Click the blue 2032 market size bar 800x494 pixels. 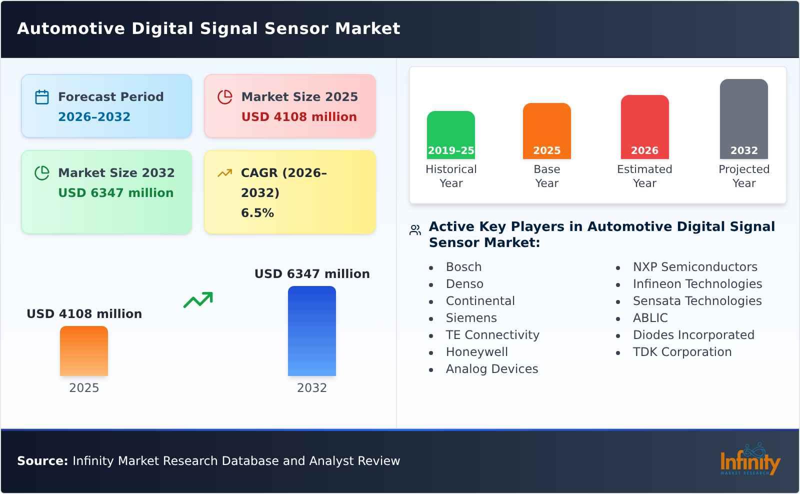pos(311,330)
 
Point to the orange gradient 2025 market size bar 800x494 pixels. pos(84,350)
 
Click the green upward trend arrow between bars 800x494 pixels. pos(198,300)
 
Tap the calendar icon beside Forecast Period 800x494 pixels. pos(42,97)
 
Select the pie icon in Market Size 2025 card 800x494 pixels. pos(225,97)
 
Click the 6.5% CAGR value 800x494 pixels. pos(257,213)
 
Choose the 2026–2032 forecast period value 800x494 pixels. pos(94,117)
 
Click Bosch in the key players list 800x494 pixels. pos(463,267)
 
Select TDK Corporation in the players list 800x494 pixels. pos(682,352)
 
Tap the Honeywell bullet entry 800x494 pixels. pos(476,352)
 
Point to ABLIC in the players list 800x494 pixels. pos(650,318)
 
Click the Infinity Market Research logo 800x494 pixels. pos(749,460)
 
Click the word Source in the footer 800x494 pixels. pos(42,461)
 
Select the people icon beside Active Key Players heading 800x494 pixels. pos(415,230)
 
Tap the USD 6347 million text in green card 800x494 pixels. pos(116,193)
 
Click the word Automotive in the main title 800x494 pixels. pos(70,28)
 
